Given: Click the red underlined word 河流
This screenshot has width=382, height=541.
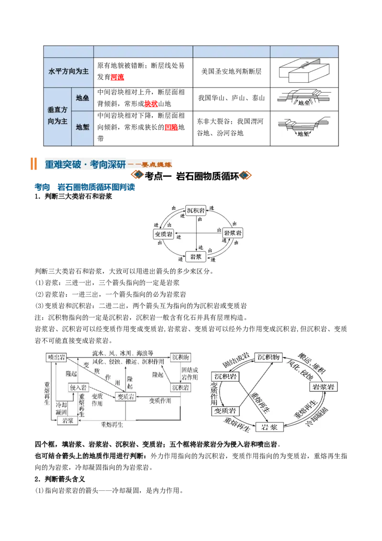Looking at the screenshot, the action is coord(117,77).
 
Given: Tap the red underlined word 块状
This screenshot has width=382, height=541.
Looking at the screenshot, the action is coord(151,104).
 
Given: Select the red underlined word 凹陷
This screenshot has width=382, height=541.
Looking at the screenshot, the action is coord(171,127).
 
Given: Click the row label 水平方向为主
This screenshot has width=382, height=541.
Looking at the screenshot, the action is coord(69,71).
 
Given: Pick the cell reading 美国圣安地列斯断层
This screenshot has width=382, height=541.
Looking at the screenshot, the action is coord(231,71).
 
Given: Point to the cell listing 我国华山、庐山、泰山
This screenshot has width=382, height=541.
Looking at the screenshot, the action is coord(231,98).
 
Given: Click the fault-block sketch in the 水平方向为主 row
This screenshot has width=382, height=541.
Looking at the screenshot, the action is coord(304,71).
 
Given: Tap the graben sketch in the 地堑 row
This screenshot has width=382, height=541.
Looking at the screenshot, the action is coord(304,127).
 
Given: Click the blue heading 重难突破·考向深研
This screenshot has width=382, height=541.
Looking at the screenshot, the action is coord(85,164).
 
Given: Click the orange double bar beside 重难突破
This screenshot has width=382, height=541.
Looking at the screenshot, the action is coord(33,164).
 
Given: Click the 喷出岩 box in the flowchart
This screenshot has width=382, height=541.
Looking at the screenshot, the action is coord(56,357).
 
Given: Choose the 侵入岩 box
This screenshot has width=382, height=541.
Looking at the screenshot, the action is coord(78,388).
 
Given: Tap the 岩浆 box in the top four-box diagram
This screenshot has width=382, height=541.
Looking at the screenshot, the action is coord(196,256).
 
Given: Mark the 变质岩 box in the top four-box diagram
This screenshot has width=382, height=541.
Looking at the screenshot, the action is coord(163,234).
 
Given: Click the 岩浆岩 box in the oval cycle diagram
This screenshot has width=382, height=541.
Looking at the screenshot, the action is coord(323,387).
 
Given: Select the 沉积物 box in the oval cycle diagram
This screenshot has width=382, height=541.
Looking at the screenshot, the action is coord(268,357).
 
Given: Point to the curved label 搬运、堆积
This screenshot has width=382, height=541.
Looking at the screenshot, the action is coord(312,363).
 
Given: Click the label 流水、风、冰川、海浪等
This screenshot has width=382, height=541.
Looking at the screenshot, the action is coord(123,353).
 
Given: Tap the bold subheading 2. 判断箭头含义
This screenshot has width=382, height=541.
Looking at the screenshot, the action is coord(60,479).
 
